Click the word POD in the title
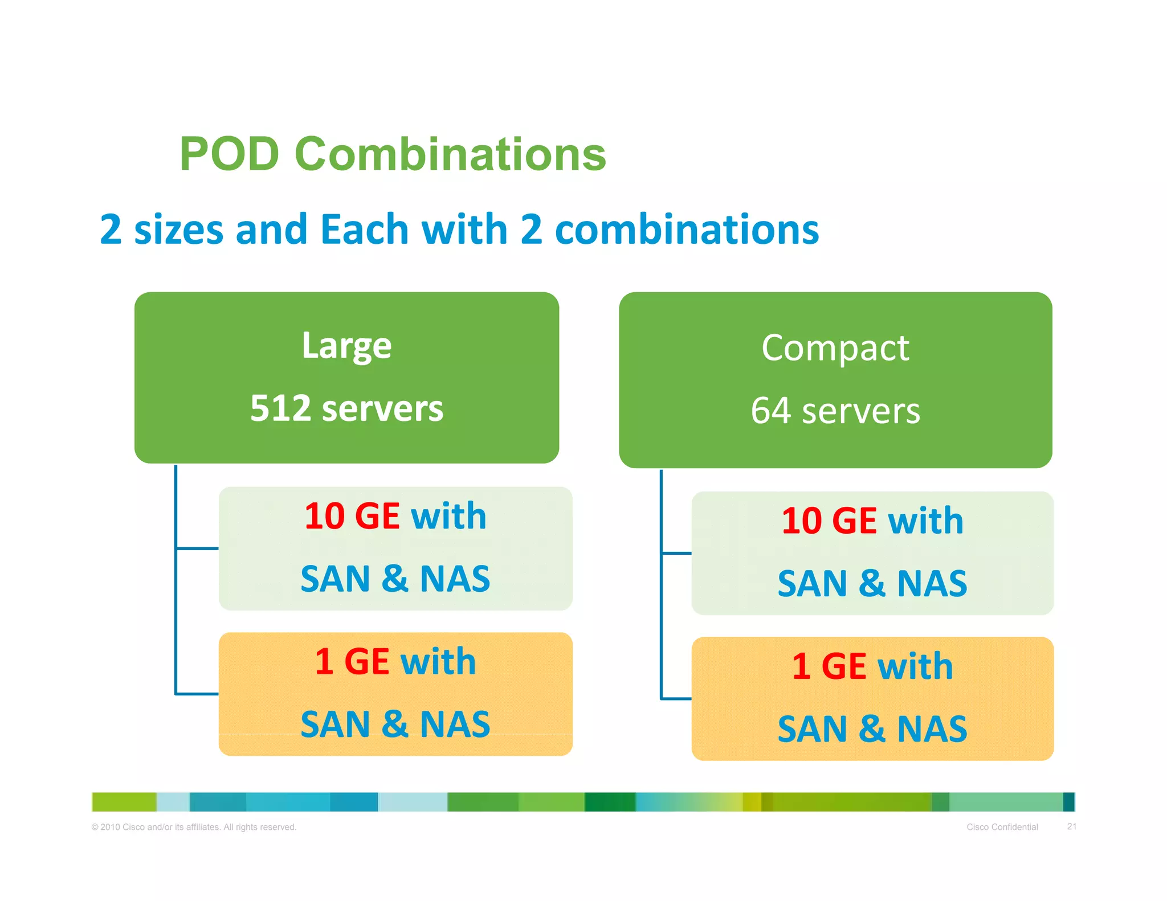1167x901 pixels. coord(229,154)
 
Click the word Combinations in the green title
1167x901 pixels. coord(450,154)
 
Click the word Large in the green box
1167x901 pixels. coord(346,346)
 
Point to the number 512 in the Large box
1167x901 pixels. coord(280,408)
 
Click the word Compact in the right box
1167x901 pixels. coord(835,348)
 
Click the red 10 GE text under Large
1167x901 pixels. coord(352,517)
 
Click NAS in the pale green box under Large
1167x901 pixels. coord(455,579)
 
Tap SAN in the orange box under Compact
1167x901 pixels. coord(812,730)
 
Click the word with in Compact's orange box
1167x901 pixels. coord(915,666)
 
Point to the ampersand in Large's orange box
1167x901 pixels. coord(394,724)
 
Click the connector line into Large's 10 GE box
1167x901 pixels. coord(197,548)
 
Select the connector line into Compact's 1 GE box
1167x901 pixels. coord(676,698)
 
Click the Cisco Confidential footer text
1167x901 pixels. coord(1002,827)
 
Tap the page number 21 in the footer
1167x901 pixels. coord(1071,826)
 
